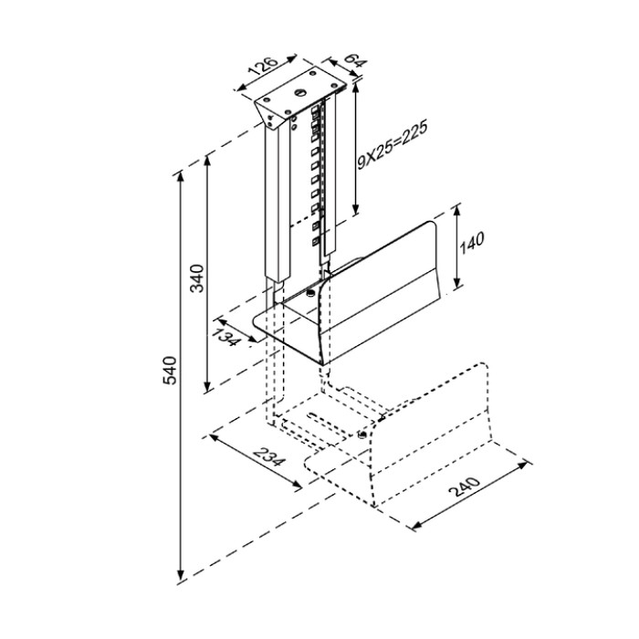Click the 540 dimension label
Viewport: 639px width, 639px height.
(x=170, y=370)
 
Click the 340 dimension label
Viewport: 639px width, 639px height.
(x=198, y=278)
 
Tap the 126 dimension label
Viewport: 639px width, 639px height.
(x=264, y=66)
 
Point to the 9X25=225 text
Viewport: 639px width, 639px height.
(x=392, y=145)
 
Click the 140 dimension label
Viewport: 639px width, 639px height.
(x=472, y=243)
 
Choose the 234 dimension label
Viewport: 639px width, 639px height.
(x=267, y=456)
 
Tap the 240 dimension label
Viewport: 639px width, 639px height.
(x=465, y=487)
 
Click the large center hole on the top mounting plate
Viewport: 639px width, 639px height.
(x=300, y=93)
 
